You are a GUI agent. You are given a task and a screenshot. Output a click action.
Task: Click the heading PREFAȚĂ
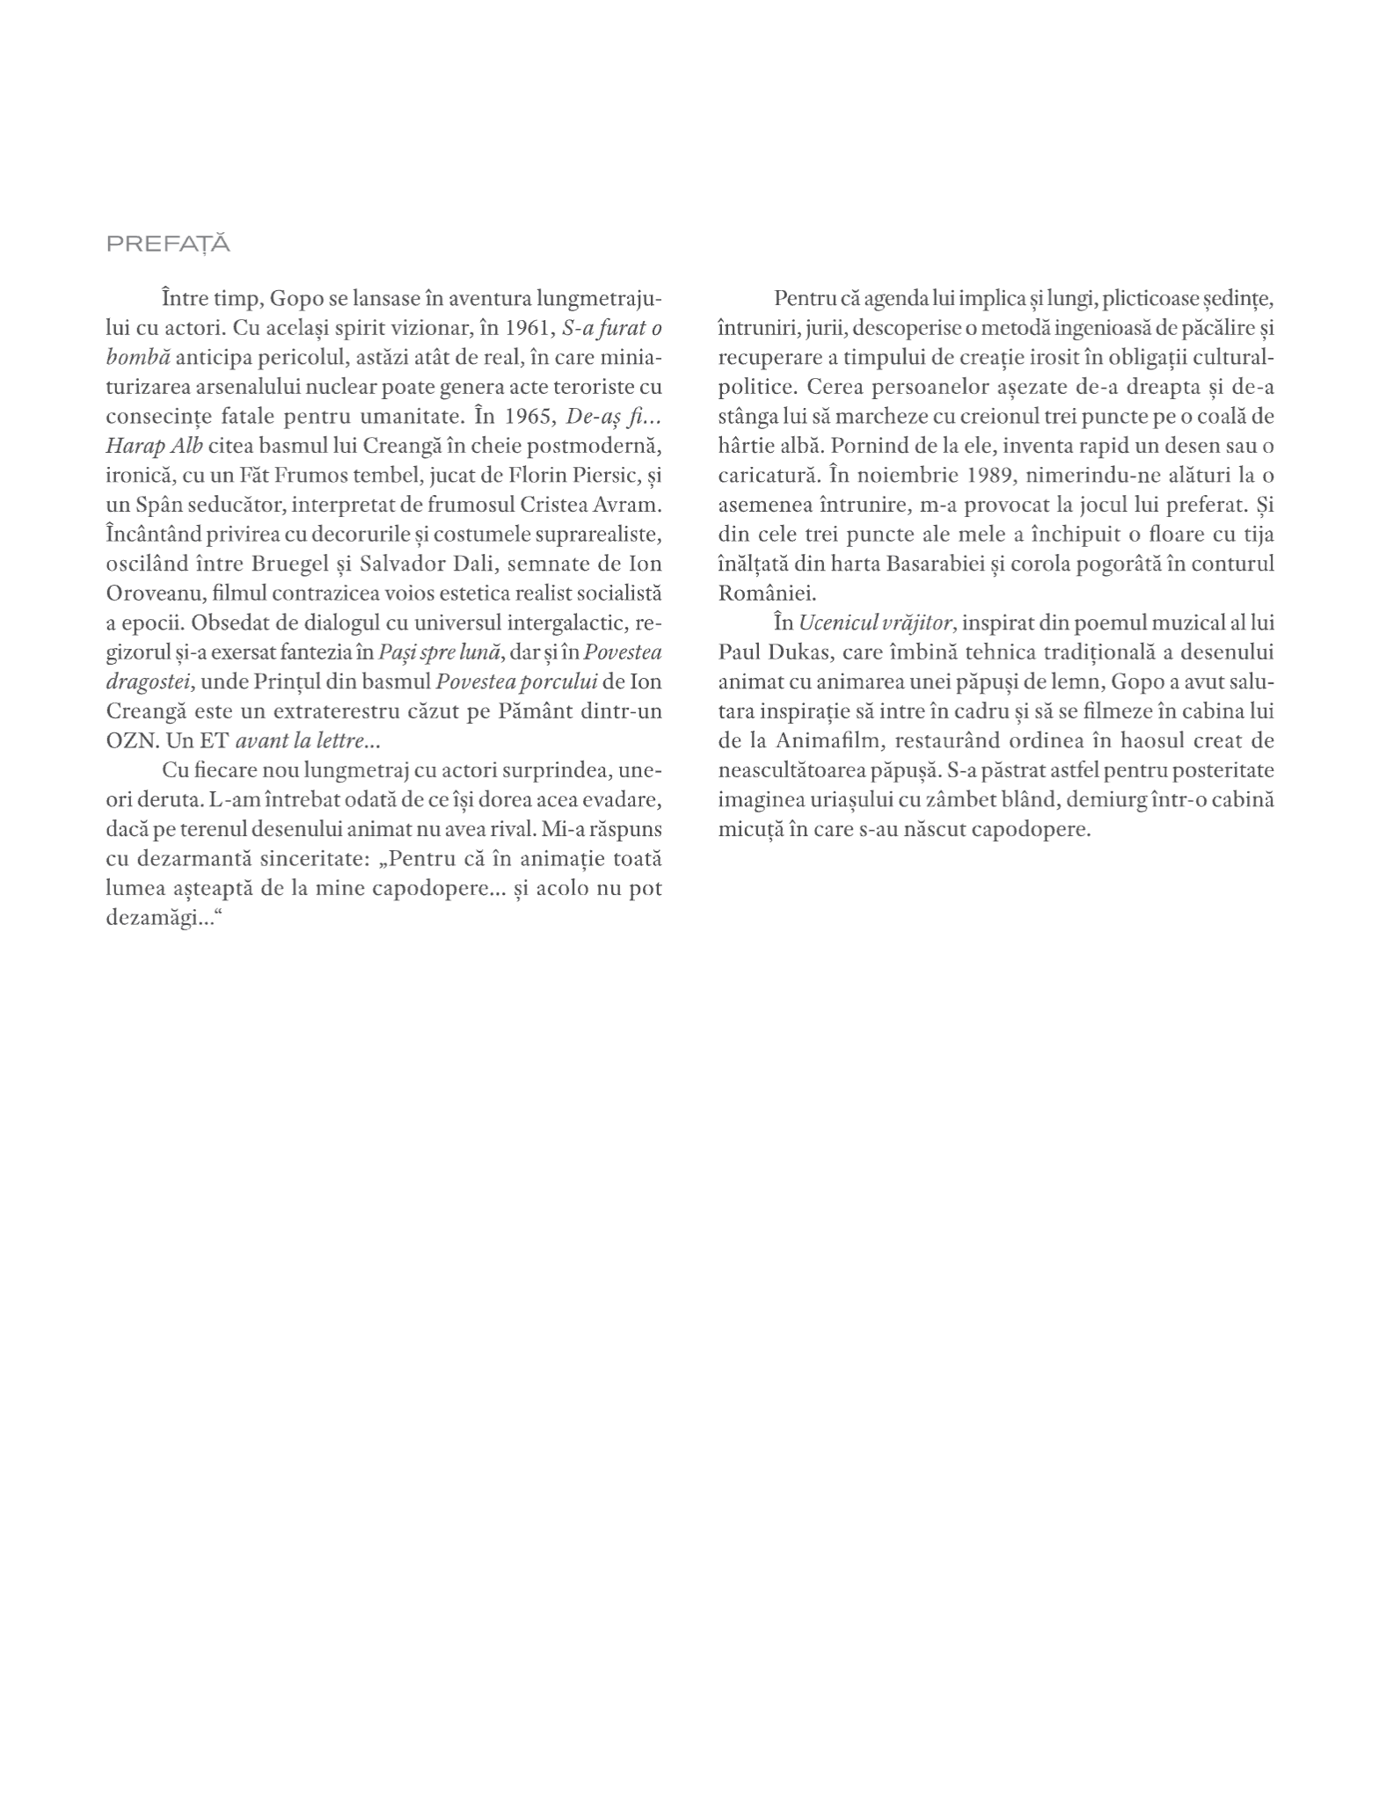168,244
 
